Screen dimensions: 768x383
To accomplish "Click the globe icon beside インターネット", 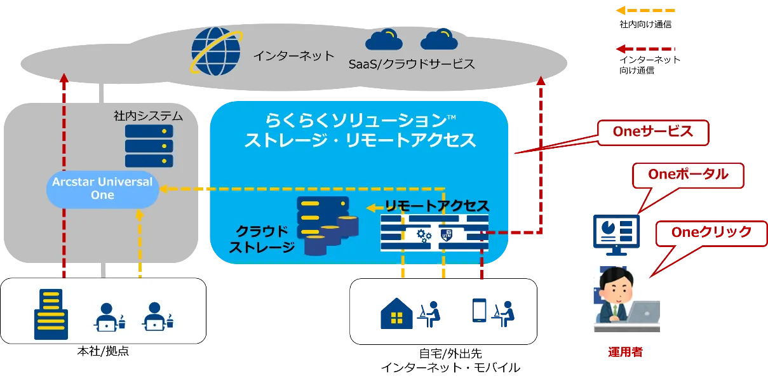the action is [217, 51].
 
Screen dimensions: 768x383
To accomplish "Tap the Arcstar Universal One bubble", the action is [102, 189].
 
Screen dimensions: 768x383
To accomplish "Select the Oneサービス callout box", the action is [653, 132].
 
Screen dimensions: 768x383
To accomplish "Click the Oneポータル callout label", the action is [688, 175].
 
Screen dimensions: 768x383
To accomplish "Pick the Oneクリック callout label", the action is [711, 232].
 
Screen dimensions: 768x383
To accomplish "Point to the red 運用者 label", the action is [625, 352].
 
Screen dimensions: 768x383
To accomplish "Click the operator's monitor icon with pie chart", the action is [616, 235].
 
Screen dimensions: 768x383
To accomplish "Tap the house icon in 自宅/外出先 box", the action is [396, 313].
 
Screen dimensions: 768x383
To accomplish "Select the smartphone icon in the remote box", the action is [479, 311].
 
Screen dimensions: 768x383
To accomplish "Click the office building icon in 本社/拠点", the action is [51, 314].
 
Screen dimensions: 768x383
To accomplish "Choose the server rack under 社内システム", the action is [149, 146].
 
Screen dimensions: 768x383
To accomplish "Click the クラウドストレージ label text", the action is [262, 239].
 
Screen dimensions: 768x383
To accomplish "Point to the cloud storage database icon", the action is [327, 225].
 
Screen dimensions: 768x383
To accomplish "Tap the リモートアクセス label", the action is [437, 206].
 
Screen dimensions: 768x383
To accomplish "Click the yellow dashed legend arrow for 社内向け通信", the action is [645, 11].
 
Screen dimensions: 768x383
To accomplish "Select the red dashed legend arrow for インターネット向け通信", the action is [645, 49].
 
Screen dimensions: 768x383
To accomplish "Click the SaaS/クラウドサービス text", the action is [412, 64].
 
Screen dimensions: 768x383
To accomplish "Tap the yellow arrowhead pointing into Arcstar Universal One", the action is [163, 189].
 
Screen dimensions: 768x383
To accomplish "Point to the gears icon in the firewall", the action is [424, 236].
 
